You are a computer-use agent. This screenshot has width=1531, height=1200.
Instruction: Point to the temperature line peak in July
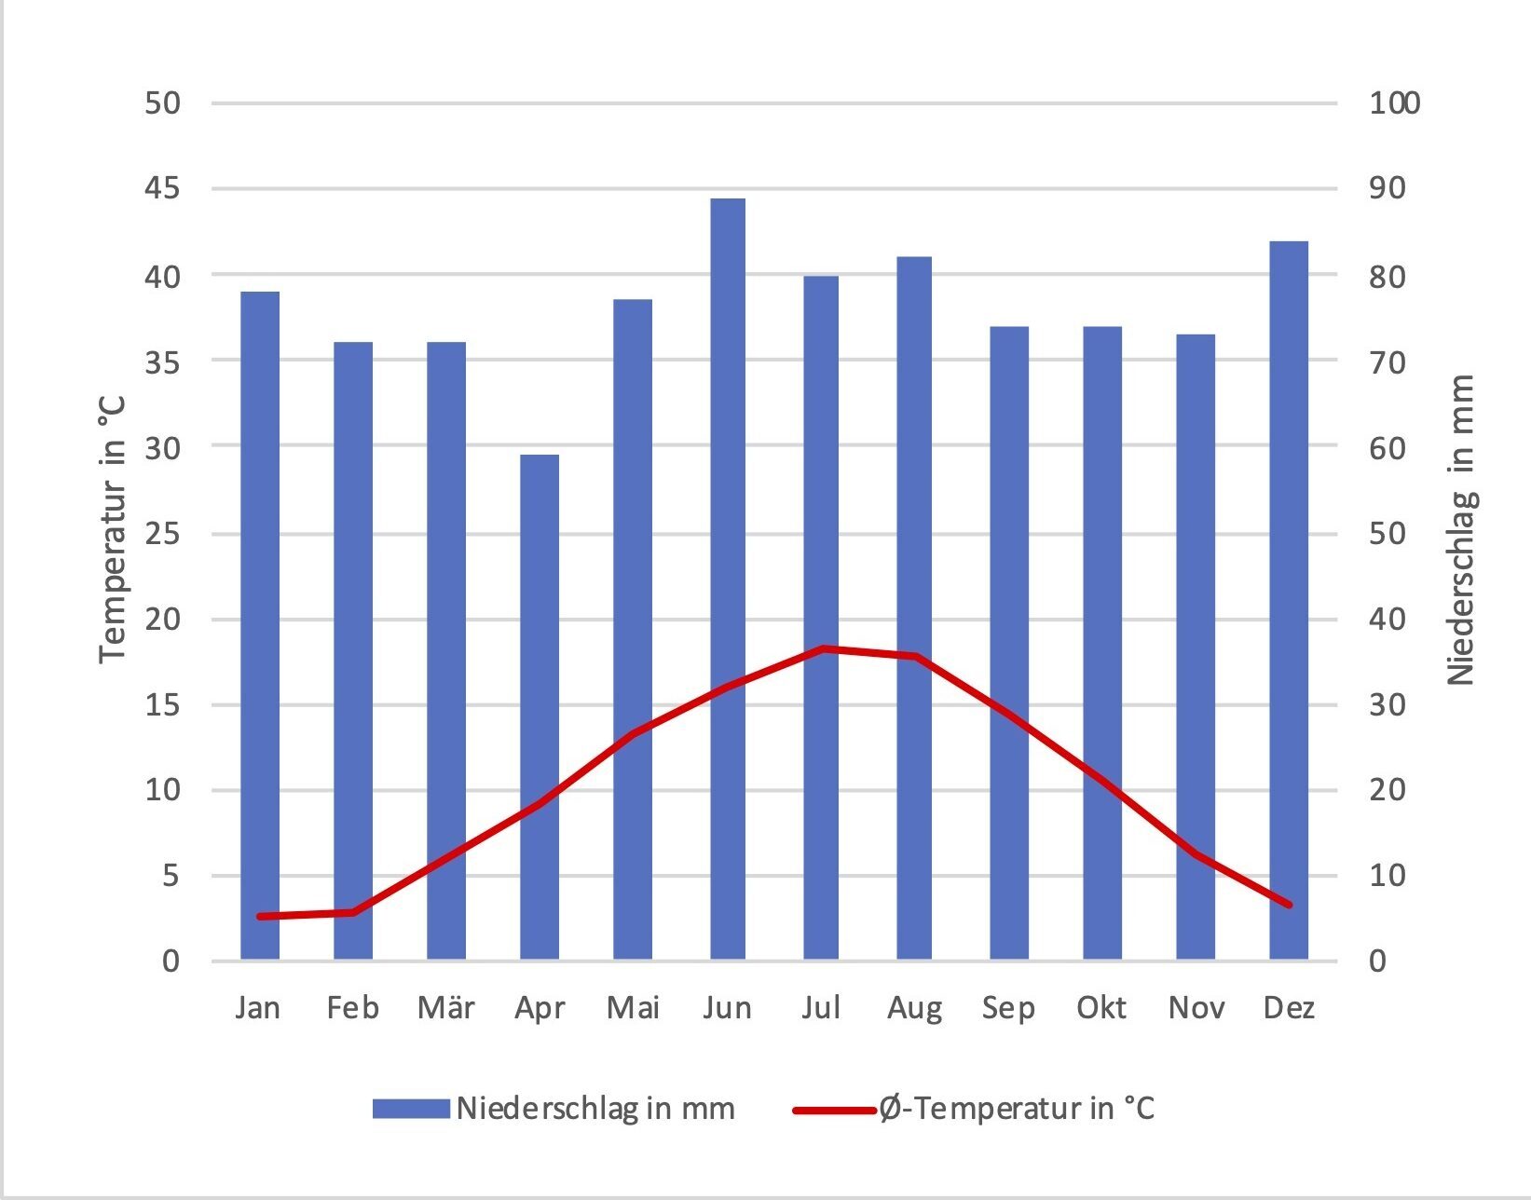pos(823,648)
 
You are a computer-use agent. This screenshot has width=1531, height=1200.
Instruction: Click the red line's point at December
pos(1289,905)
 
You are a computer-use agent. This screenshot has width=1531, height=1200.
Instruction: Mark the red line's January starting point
pos(260,916)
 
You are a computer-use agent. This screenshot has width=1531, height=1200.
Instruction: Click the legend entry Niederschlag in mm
pos(595,1109)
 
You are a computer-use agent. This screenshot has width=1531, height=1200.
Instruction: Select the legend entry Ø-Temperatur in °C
pos(1016,1109)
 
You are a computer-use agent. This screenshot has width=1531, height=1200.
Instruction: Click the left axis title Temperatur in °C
pos(113,529)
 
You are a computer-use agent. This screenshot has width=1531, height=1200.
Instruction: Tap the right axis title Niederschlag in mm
pos(1460,529)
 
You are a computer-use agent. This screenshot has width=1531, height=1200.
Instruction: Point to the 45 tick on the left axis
pos(163,189)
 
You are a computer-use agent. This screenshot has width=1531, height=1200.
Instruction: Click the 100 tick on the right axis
pos(1394,103)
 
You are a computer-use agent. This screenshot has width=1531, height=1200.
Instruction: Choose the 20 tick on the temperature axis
pos(163,620)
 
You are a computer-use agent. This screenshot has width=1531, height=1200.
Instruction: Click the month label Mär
pos(445,1008)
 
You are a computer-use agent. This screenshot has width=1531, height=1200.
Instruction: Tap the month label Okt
pos(1101,1008)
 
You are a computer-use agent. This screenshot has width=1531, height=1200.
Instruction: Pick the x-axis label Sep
pos(1008,1008)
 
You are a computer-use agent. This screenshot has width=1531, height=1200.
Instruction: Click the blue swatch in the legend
pos(411,1109)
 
